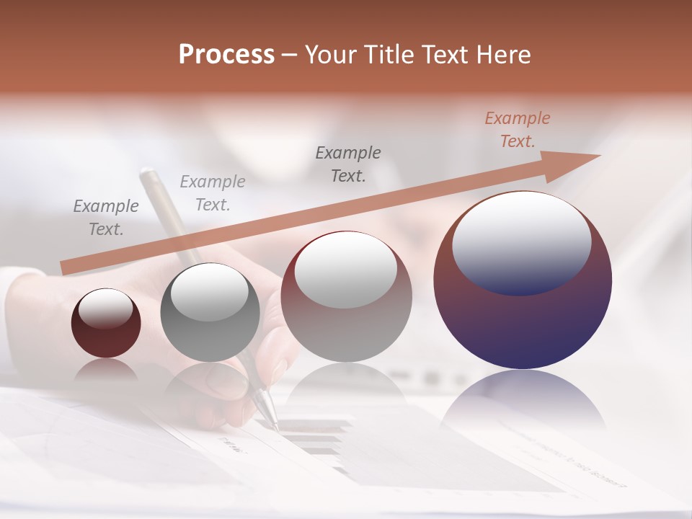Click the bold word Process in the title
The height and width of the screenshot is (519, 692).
point(226,55)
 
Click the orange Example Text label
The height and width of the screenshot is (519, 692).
point(517,130)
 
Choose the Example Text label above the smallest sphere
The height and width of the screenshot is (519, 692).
point(106,218)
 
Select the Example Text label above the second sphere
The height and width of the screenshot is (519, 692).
point(213,193)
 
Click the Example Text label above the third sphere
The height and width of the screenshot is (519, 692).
point(348,164)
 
